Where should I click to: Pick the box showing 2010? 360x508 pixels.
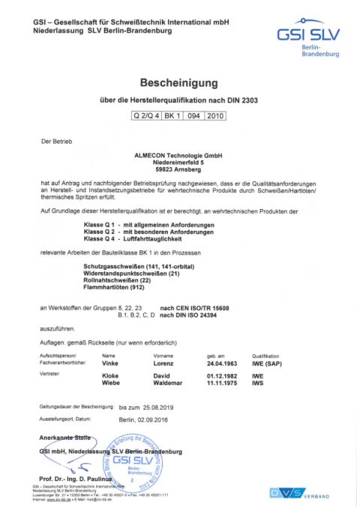pyautogui.click(x=215, y=115)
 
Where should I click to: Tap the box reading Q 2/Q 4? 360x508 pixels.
pyautogui.click(x=147, y=115)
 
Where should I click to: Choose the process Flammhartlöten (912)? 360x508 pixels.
pyautogui.click(x=124, y=286)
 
